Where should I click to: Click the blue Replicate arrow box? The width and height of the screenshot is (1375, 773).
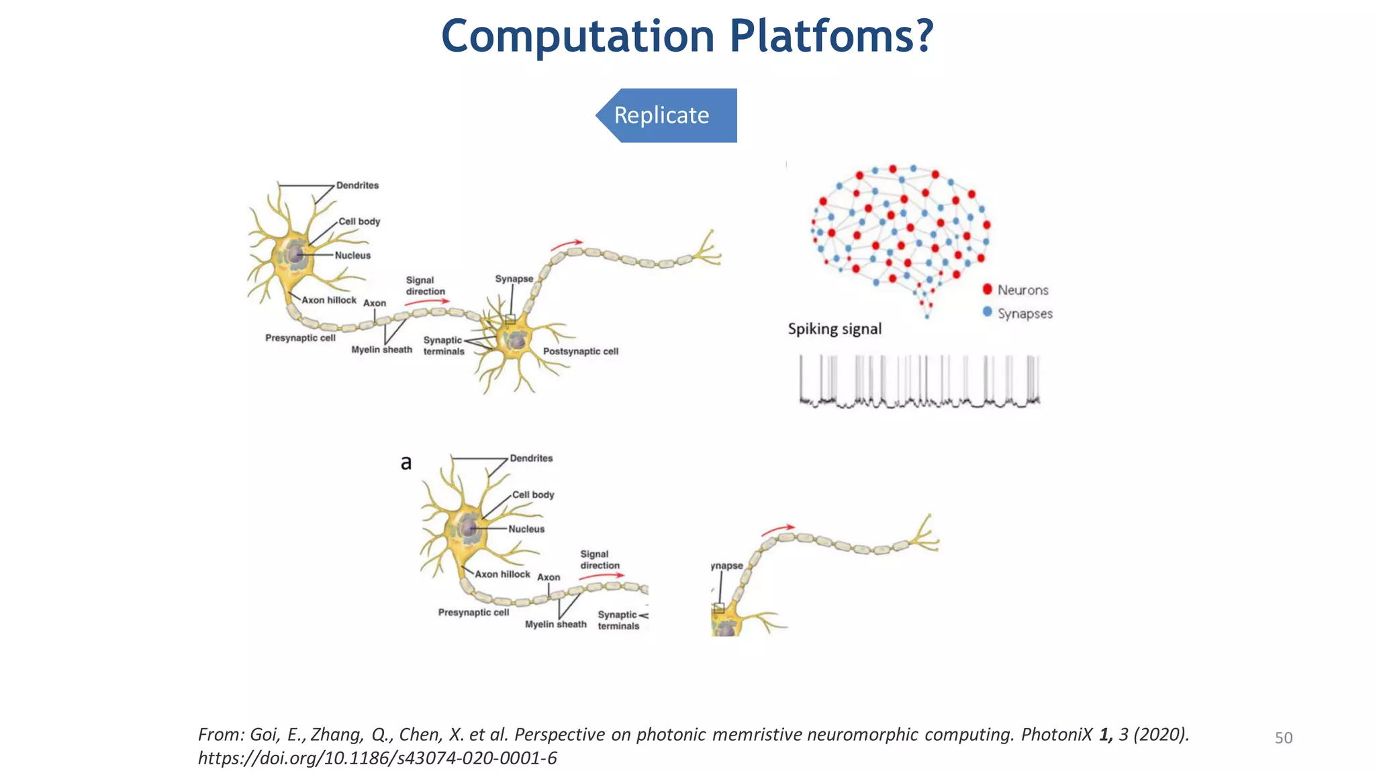click(x=667, y=115)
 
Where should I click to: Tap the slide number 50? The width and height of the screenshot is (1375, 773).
click(x=1283, y=738)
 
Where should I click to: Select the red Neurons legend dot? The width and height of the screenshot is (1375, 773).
click(x=987, y=289)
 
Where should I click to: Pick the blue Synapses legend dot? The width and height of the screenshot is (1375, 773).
click(x=987, y=312)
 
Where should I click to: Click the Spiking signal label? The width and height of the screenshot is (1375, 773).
click(x=835, y=329)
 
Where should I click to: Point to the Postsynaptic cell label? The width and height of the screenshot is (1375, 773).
click(x=580, y=351)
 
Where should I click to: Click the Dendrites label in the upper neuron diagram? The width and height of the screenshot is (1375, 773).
click(x=357, y=185)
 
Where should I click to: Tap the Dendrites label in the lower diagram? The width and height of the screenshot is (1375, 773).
click(x=531, y=458)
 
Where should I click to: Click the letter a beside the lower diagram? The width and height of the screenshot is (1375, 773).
click(x=406, y=462)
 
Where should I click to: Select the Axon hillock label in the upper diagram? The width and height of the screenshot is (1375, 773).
click(x=328, y=300)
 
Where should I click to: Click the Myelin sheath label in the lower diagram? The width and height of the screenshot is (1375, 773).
click(x=555, y=624)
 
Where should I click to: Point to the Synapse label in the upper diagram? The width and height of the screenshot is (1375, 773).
click(x=514, y=278)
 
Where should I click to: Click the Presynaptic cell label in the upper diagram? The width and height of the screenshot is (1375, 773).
click(x=300, y=338)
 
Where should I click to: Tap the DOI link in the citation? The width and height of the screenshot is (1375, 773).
click(x=377, y=758)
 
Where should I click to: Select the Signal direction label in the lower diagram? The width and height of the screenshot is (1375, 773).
click(x=599, y=560)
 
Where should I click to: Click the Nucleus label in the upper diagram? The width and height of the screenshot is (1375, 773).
click(x=352, y=255)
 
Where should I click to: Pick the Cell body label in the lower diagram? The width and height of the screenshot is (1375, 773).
click(x=533, y=495)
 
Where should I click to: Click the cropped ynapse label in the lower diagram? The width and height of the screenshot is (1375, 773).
click(x=727, y=566)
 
